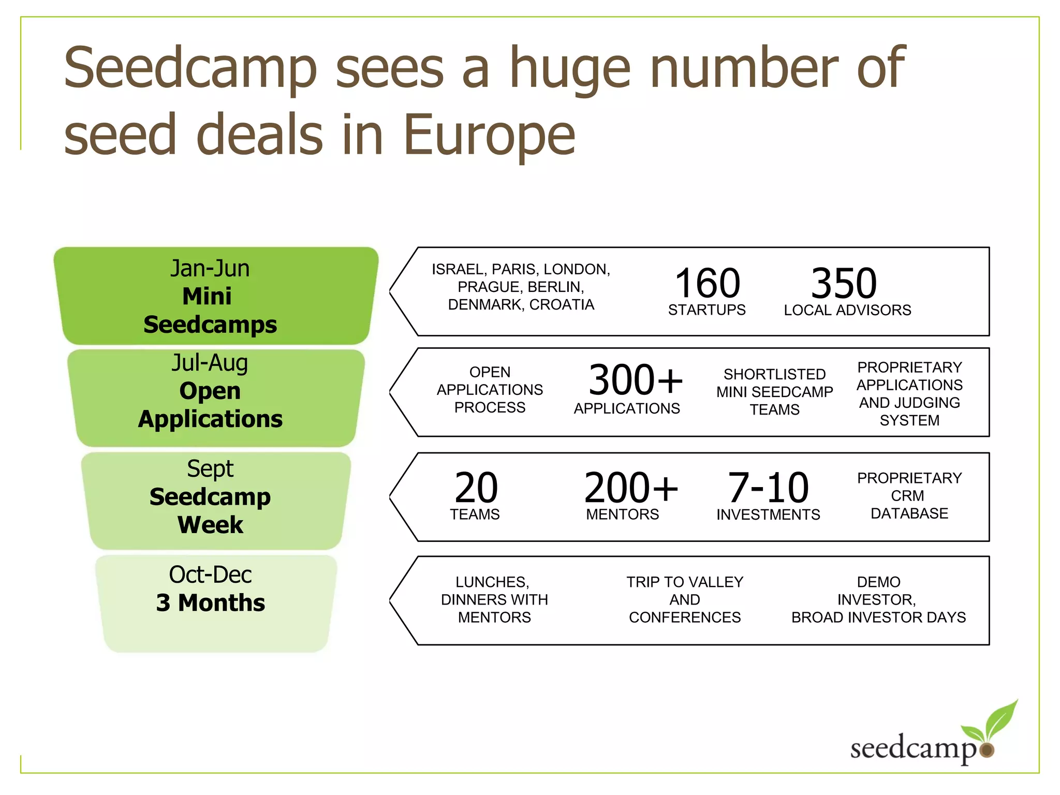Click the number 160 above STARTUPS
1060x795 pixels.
708,283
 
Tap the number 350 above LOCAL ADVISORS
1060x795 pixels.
844,283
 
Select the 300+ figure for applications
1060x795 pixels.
636,380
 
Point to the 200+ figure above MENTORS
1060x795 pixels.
631,488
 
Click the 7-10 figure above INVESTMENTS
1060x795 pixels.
768,488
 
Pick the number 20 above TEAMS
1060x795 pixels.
476,488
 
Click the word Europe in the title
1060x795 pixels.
489,135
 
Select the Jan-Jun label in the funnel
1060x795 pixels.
210,269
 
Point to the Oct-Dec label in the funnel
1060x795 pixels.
210,575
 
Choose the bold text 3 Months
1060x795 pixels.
210,603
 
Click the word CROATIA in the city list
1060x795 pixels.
562,305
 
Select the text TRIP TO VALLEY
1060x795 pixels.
685,582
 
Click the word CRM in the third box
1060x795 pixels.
907,496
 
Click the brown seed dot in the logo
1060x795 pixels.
987,750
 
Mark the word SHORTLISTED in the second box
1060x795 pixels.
774,374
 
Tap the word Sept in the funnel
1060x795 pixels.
210,469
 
